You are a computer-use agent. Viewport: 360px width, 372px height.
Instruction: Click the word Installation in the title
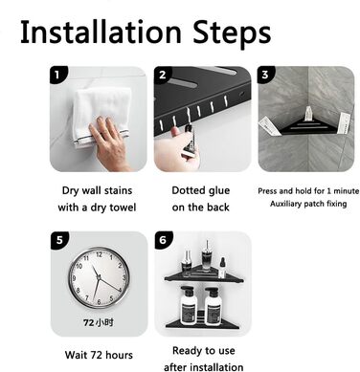[101, 32]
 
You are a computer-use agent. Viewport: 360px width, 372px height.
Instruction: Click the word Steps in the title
[232, 34]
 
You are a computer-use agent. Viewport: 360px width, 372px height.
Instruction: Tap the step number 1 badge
[57, 75]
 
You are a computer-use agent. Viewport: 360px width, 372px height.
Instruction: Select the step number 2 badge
[162, 75]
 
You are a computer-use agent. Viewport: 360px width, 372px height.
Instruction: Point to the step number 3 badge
[265, 75]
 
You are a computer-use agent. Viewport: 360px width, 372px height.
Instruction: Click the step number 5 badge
[59, 240]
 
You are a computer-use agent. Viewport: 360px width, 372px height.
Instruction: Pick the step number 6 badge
[164, 240]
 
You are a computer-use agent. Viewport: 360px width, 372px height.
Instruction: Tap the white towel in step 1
[102, 112]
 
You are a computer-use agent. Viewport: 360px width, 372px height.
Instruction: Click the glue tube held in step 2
[189, 142]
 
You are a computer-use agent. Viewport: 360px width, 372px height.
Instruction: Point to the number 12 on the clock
[100, 254]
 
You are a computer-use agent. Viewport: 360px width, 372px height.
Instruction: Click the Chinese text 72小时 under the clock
[99, 322]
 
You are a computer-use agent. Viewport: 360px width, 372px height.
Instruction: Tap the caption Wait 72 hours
[99, 355]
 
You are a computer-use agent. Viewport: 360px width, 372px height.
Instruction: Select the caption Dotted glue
[201, 190]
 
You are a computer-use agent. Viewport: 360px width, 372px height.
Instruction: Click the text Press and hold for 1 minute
[308, 191]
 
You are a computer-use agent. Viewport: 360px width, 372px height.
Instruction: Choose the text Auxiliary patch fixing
[308, 204]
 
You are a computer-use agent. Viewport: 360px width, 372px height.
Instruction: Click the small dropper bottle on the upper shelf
[222, 267]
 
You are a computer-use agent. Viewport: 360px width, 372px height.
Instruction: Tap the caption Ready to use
[204, 351]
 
